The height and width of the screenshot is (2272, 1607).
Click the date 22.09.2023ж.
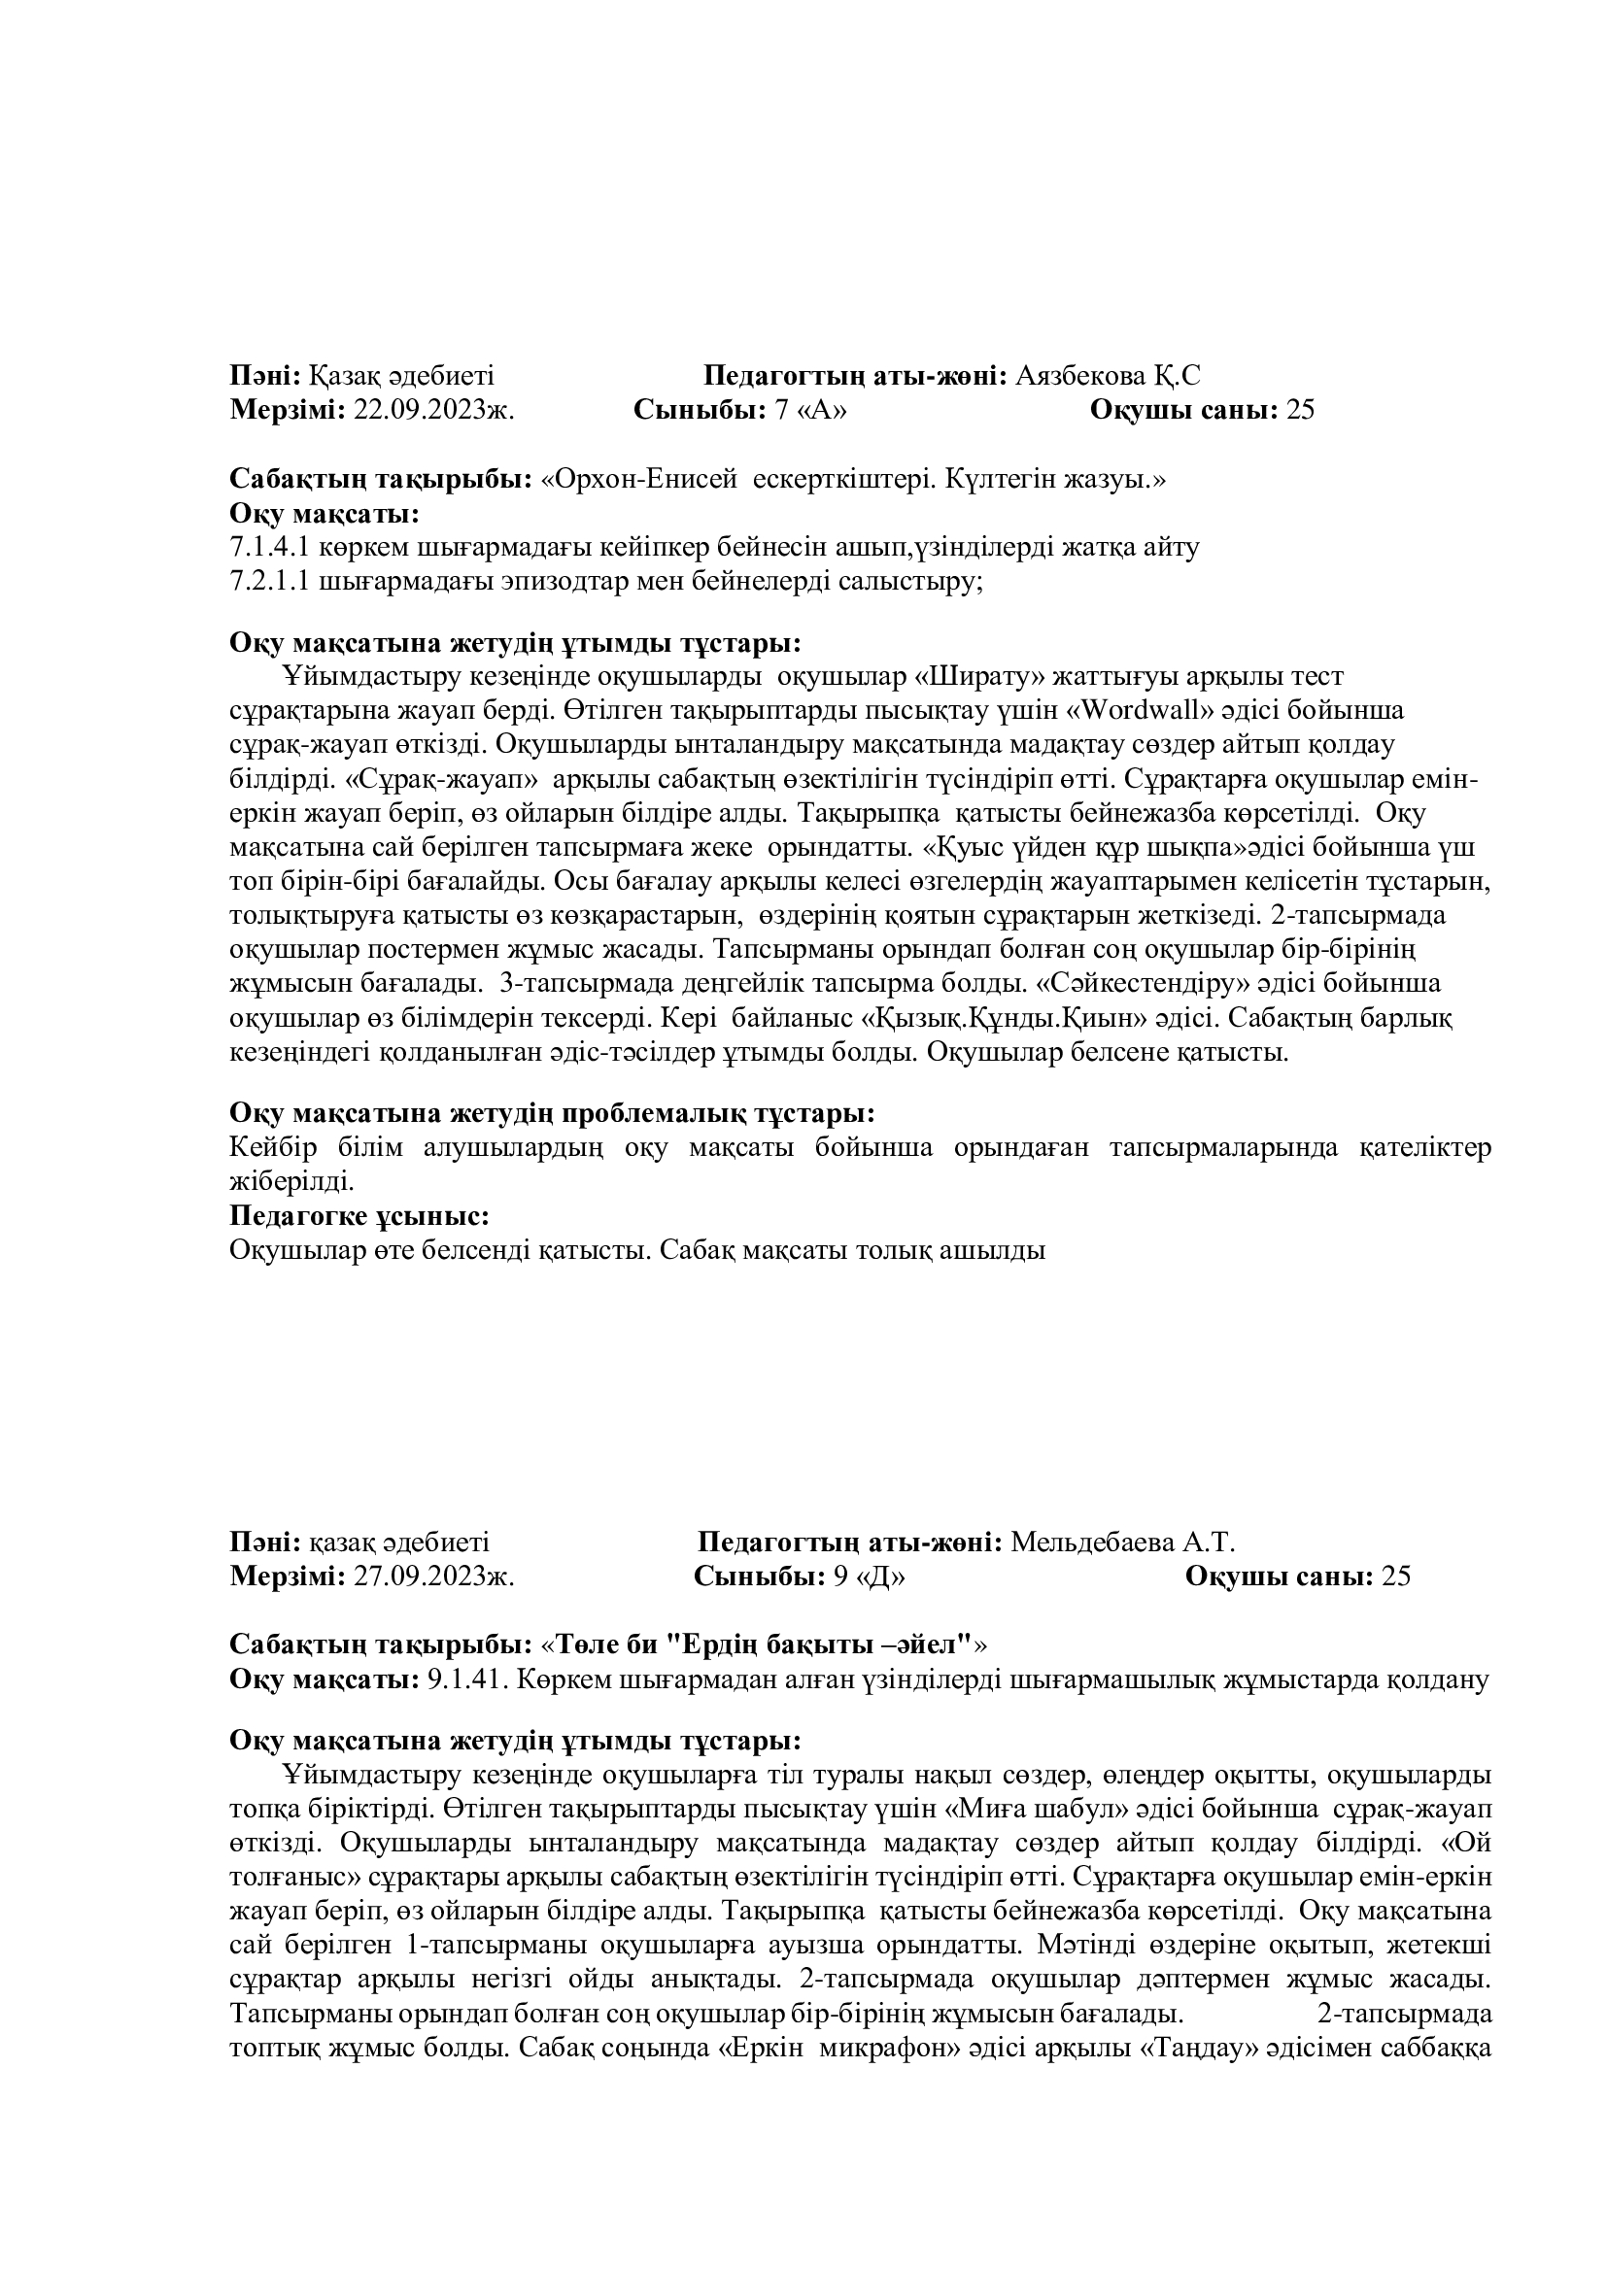pyautogui.click(x=433, y=411)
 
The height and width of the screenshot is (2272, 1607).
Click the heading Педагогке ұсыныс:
pyautogui.click(x=360, y=1215)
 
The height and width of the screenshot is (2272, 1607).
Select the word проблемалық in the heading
pyautogui.click(x=652, y=1113)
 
